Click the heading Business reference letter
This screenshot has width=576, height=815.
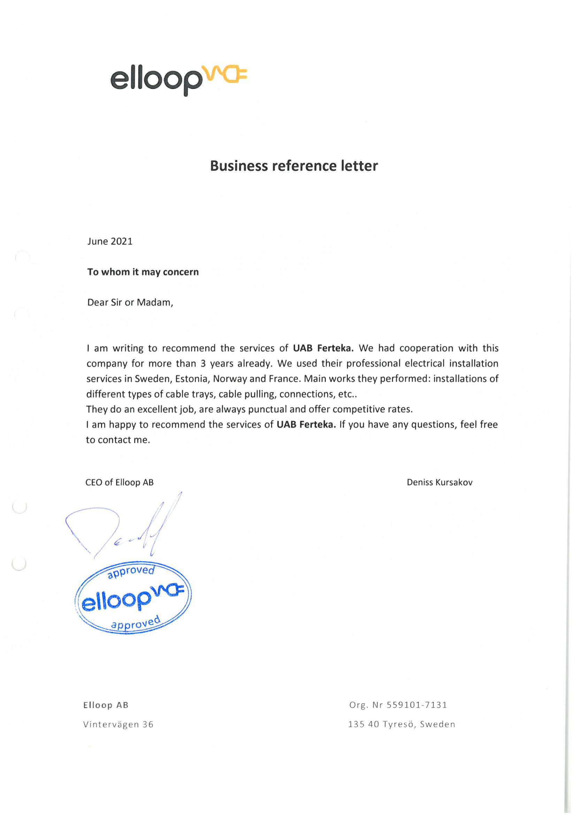coord(294,166)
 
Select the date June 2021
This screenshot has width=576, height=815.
coord(110,241)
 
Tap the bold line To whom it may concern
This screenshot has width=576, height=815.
coord(143,272)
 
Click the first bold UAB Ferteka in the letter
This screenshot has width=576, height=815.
coord(323,348)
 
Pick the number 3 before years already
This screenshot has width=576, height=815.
coord(203,363)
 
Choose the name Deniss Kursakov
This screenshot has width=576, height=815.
coord(439,482)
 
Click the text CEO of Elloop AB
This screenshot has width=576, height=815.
coord(120,482)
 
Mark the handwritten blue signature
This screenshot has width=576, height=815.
coord(124,525)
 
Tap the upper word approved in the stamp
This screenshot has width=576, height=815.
coord(131,571)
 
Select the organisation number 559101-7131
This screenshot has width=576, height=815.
coord(417,704)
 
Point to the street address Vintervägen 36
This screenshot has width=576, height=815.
coord(118,724)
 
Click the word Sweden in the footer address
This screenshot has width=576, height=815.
coord(437,724)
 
